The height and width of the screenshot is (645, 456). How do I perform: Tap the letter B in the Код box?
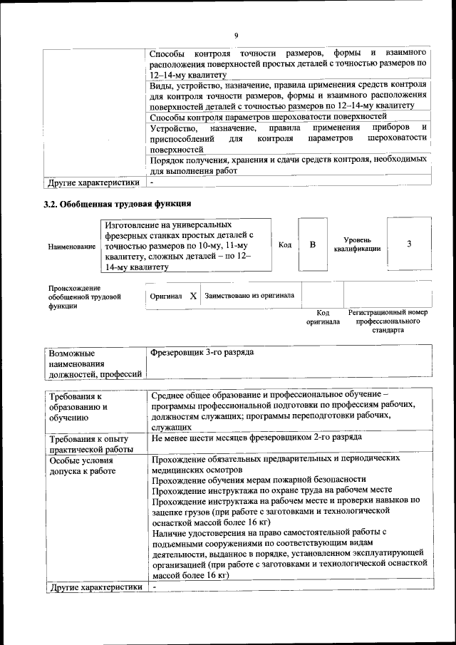tap(312, 244)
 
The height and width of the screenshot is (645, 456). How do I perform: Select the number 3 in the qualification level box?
tap(409, 244)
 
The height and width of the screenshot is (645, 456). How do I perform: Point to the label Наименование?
tap(72, 247)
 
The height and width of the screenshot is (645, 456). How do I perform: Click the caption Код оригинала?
tap(323, 317)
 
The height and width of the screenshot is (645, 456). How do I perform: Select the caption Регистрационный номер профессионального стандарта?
tap(388, 321)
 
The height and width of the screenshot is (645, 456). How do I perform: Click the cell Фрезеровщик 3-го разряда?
tap(203, 353)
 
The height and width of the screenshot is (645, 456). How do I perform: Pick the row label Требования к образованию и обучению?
tap(78, 407)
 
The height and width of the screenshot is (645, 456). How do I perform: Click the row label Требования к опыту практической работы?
tap(91, 443)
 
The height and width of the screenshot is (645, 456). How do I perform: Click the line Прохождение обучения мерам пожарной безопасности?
tap(259, 480)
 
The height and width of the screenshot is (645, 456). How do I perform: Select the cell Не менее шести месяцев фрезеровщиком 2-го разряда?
tap(256, 437)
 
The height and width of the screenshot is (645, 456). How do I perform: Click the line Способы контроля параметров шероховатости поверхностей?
tap(269, 116)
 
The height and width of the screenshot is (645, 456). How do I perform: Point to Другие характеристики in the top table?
tap(93, 183)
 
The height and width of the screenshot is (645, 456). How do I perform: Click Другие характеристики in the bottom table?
tap(93, 587)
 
